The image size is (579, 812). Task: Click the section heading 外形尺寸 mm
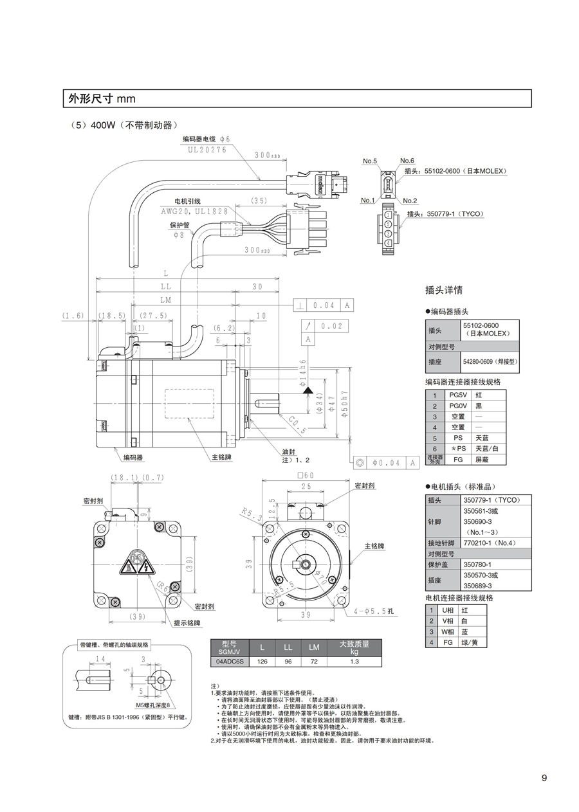[x=102, y=98]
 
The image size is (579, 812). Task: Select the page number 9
[x=544, y=778]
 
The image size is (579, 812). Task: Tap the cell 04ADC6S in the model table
[x=229, y=661]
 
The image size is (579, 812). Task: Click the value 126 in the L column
[x=262, y=661]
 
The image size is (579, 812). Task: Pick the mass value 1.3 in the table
[x=354, y=661]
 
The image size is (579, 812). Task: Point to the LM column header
[x=314, y=647]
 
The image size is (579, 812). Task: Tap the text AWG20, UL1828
[x=194, y=211]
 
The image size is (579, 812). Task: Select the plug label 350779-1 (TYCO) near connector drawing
[x=455, y=213]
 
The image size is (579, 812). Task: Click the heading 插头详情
[x=445, y=290]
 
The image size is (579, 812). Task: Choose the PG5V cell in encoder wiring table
[x=457, y=395]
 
